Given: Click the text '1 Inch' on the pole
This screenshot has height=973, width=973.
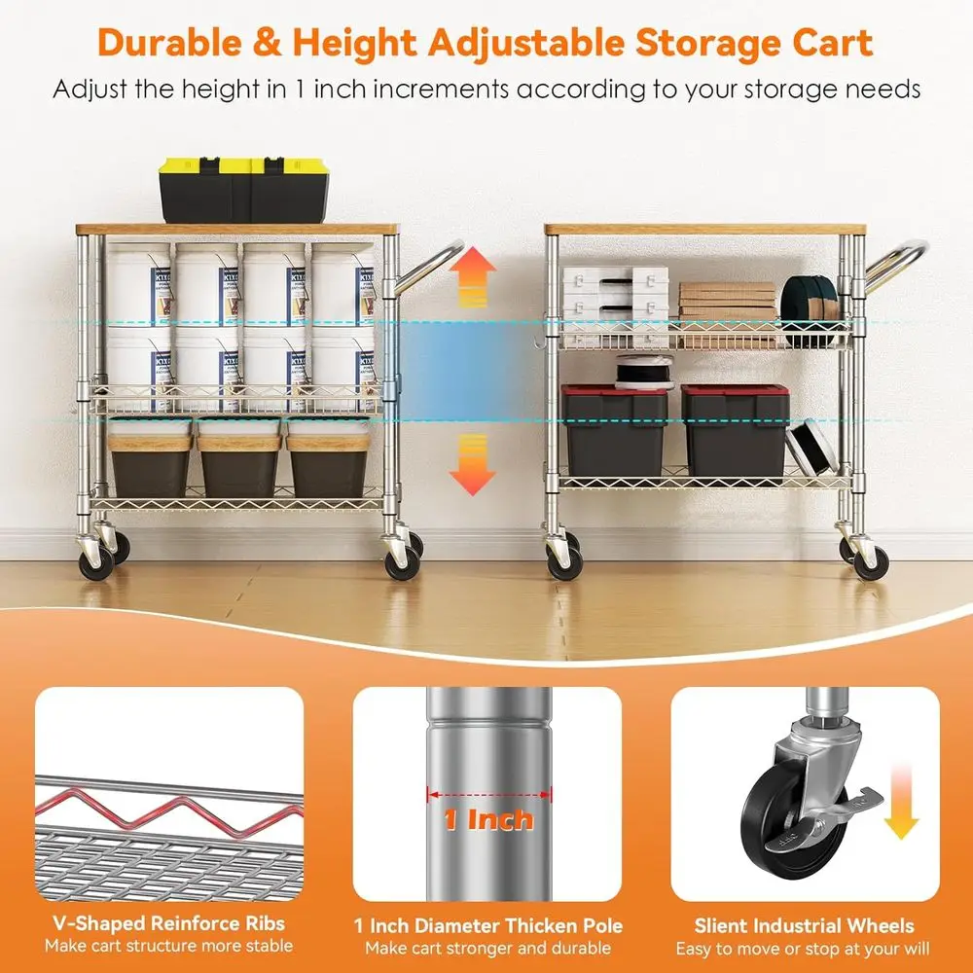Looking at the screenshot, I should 488,819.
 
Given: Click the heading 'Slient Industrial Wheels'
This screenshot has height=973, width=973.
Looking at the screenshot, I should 804,925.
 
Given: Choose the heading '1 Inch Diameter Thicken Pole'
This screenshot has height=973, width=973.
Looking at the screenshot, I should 487,925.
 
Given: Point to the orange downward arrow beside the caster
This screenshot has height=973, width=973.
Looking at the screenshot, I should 902,804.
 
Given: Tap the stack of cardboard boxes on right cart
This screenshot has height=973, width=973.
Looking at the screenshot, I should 727,302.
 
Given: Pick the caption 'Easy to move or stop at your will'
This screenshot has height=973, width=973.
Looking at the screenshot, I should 804,948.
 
